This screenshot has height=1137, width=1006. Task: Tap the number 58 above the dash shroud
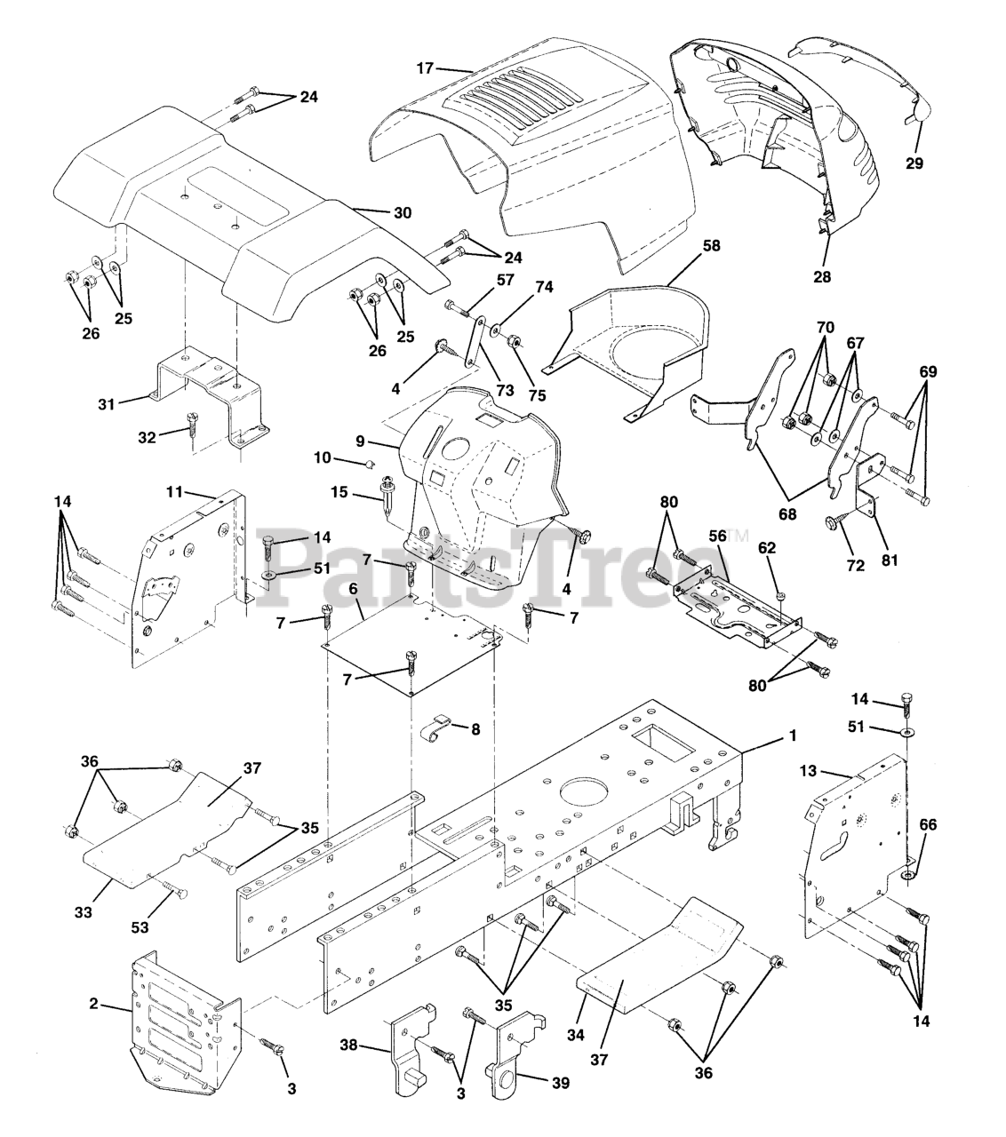click(686, 244)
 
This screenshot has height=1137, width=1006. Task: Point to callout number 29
click(914, 163)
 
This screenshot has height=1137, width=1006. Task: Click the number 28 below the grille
click(822, 276)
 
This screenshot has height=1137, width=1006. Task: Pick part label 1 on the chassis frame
click(793, 735)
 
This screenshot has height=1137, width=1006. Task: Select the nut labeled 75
click(514, 342)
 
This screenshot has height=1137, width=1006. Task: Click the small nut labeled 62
click(778, 594)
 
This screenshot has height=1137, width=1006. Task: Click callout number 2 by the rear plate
click(94, 1004)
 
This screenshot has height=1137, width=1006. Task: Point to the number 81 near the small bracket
click(890, 560)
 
